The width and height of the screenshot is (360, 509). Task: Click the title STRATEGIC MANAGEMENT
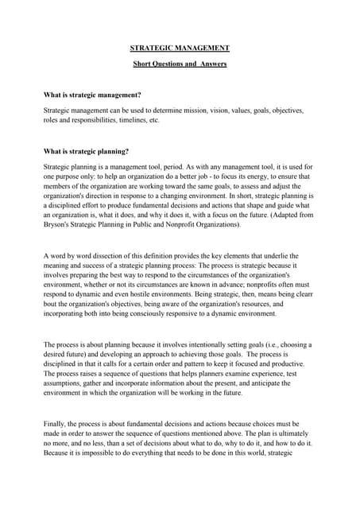pos(179,49)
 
